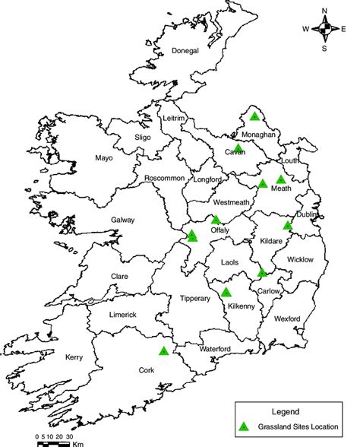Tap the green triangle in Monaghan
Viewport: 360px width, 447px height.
point(254,116)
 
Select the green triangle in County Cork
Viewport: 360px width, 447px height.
point(163,351)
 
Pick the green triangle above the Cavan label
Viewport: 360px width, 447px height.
point(238,147)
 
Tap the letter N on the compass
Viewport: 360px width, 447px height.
point(325,11)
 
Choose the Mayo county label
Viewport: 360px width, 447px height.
point(103,159)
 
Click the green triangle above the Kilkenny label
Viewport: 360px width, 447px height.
point(226,292)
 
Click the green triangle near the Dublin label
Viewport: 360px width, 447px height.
point(287,225)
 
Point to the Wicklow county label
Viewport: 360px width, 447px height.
point(300,260)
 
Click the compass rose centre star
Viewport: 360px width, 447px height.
point(325,30)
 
